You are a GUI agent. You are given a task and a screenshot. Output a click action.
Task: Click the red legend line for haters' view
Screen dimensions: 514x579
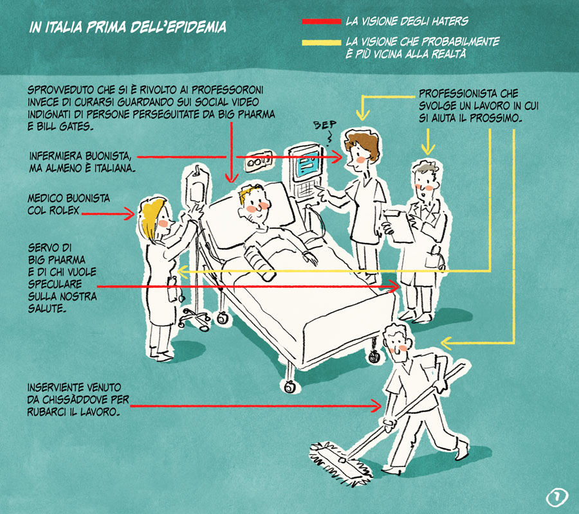321,21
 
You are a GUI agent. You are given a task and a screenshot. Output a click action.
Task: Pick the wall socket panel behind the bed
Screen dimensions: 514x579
255,161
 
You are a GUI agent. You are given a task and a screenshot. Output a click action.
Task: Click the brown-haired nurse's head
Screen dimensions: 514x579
356,150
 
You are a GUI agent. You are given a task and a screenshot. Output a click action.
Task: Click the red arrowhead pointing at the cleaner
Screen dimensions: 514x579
378,405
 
